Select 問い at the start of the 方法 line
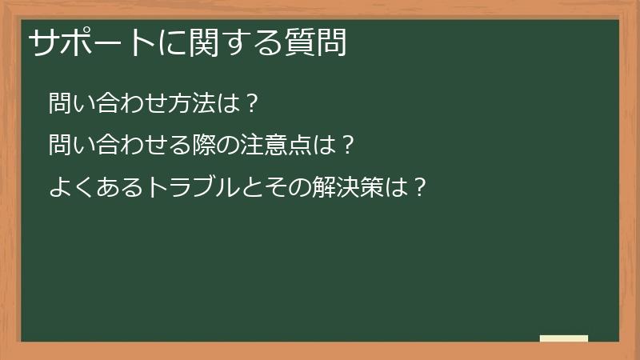coord(70,103)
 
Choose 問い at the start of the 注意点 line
coord(70,146)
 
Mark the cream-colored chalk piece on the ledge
coord(563,338)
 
